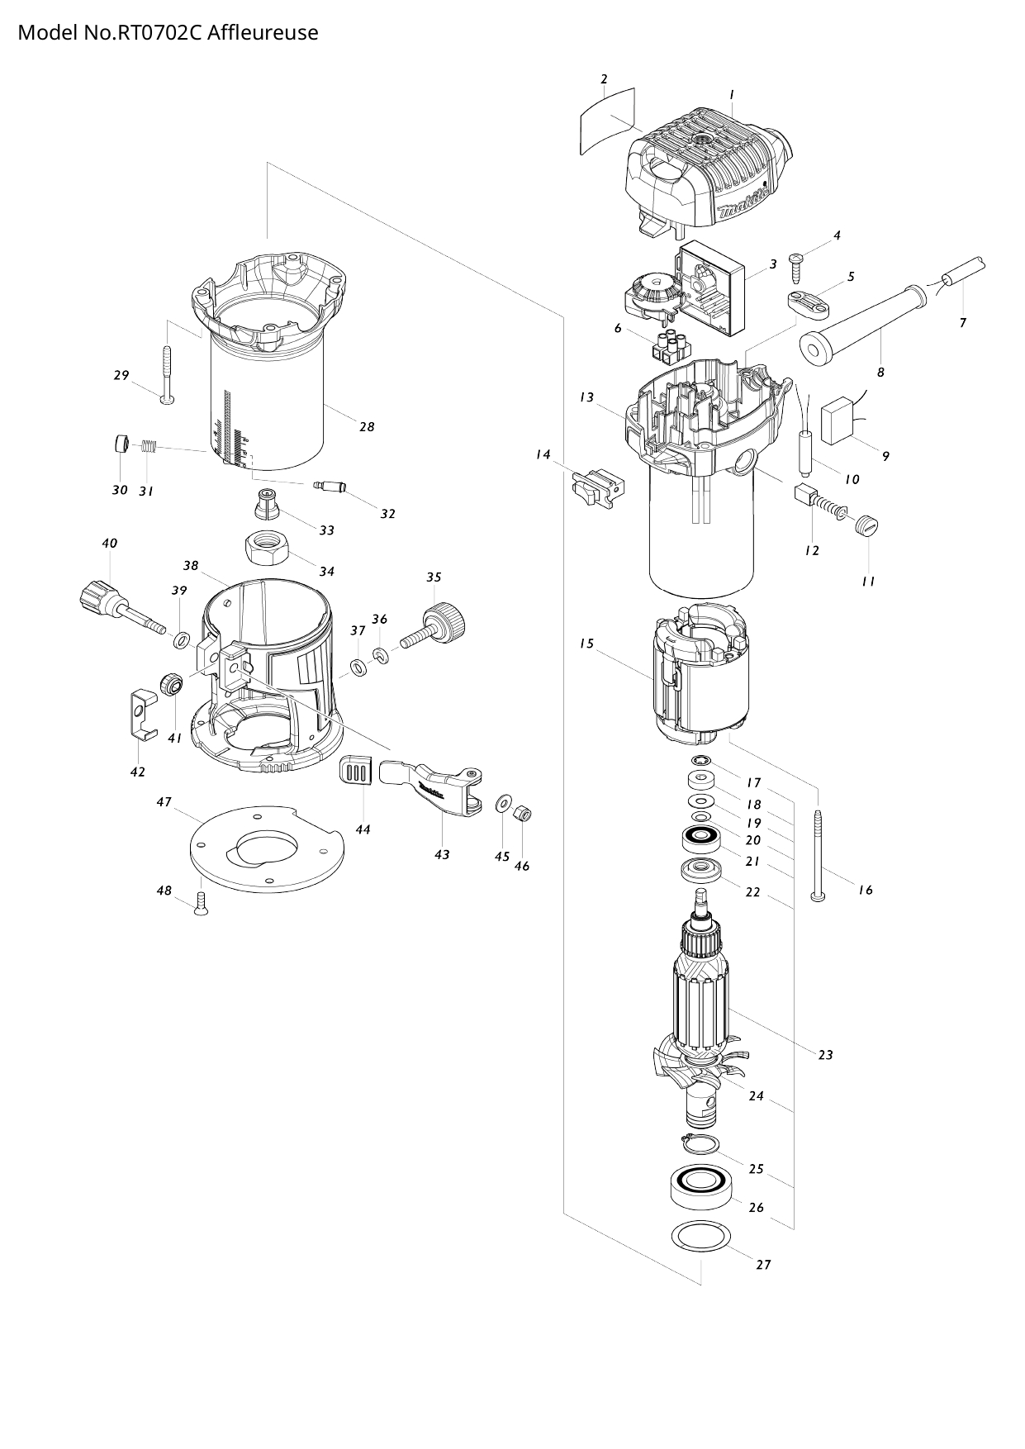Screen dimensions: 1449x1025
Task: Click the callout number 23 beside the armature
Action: (x=825, y=1055)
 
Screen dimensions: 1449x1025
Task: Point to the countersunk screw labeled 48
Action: (x=199, y=906)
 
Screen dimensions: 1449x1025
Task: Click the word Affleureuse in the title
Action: (x=263, y=33)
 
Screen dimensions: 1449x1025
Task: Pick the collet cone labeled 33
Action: (x=268, y=502)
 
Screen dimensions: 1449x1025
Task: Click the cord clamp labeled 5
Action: (x=808, y=303)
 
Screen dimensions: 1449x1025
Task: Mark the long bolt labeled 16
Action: (x=818, y=855)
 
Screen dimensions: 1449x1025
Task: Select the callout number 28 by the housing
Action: (x=367, y=427)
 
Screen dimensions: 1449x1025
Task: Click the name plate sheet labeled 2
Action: (x=607, y=121)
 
